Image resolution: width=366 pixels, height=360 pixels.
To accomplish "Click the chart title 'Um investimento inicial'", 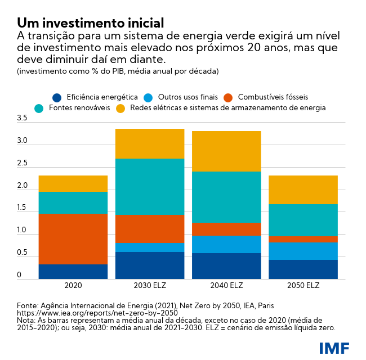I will pos(90,23).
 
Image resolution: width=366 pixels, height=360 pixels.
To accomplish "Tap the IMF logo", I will pos(334,348).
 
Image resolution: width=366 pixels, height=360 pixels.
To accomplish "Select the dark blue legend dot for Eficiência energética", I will pos(57,97).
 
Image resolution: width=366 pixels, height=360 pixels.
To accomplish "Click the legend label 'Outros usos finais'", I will pos(188,97).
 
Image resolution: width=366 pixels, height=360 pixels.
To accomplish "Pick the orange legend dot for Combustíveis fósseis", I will pos(229,97).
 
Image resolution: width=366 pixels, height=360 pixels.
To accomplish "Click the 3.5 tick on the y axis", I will pos(22,118).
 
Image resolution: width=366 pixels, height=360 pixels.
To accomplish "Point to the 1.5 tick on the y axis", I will pos(22,208).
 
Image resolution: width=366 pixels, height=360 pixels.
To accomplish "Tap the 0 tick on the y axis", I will pos(19,275).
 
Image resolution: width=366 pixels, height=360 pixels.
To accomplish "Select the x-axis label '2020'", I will pos(73,286).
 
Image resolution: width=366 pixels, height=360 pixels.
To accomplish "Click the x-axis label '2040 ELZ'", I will pos(226,286).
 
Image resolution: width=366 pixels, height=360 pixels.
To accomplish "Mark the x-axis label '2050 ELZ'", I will pos(303,286).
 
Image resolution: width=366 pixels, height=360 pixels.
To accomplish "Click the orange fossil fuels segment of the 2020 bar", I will pos(73,238).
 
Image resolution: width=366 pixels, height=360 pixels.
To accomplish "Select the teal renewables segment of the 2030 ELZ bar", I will pos(150,186).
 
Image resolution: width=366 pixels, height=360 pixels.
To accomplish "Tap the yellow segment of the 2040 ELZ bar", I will pos(226,151).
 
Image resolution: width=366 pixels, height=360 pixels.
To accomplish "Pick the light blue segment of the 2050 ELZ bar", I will pos(303,251).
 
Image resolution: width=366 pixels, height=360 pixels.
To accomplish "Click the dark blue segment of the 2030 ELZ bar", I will pos(150,265).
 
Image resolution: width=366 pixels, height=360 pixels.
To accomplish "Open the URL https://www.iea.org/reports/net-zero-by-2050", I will pos(97,313).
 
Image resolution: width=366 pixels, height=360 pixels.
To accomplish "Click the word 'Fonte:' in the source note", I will pos(28,305).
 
